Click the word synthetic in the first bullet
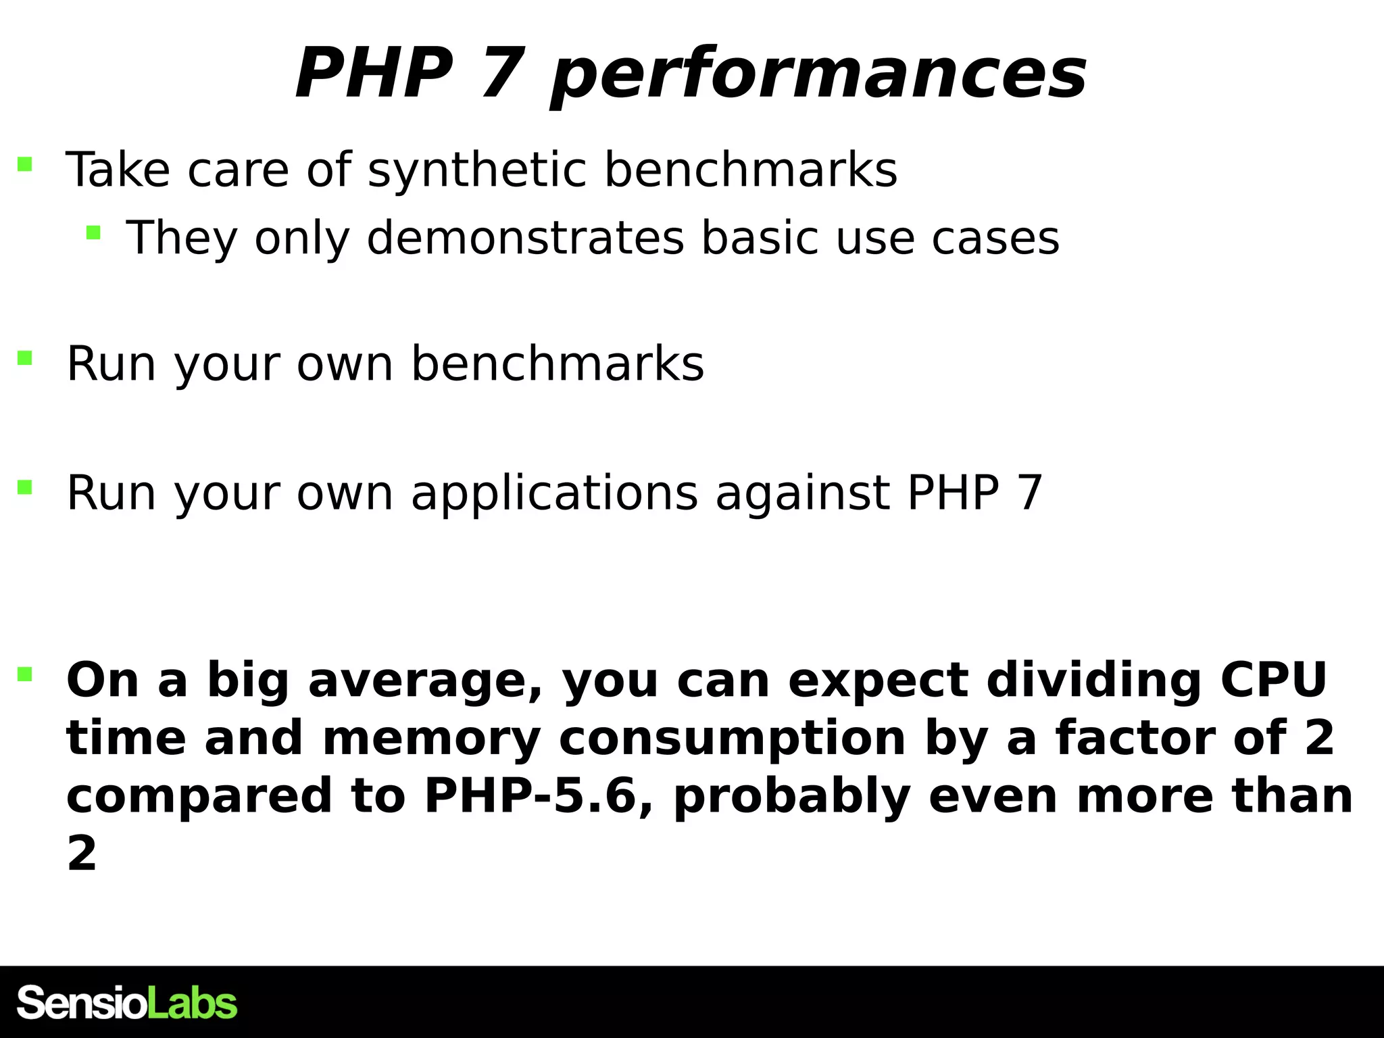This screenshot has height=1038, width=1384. pos(477,170)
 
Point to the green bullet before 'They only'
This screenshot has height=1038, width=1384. pos(93,234)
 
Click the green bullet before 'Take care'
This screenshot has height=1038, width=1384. pos(25,164)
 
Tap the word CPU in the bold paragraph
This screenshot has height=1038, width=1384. pos(1273,680)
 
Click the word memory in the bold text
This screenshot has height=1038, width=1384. pos(431,738)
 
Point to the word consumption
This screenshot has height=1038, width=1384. pos(732,738)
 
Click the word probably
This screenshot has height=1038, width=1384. pos(792,796)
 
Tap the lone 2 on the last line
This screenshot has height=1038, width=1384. pos(82,854)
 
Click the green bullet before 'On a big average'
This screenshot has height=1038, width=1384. pos(25,674)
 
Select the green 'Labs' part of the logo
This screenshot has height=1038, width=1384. pos(192,1003)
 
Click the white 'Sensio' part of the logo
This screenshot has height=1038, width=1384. pos(81,1003)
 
